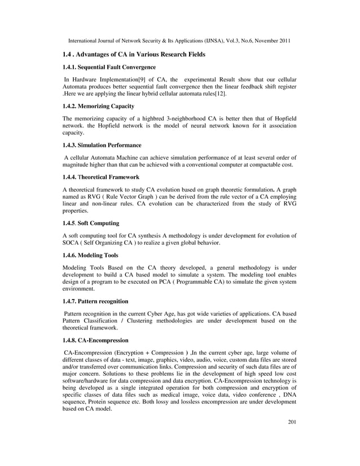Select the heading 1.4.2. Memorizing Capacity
click(x=98, y=106)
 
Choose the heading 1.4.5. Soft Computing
click(x=90, y=223)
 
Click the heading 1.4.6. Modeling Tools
click(x=90, y=255)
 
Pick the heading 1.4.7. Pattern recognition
click(x=95, y=301)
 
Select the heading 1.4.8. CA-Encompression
click(x=95, y=340)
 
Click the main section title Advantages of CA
click(x=130, y=54)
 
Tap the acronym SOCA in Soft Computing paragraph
click(x=72, y=243)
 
